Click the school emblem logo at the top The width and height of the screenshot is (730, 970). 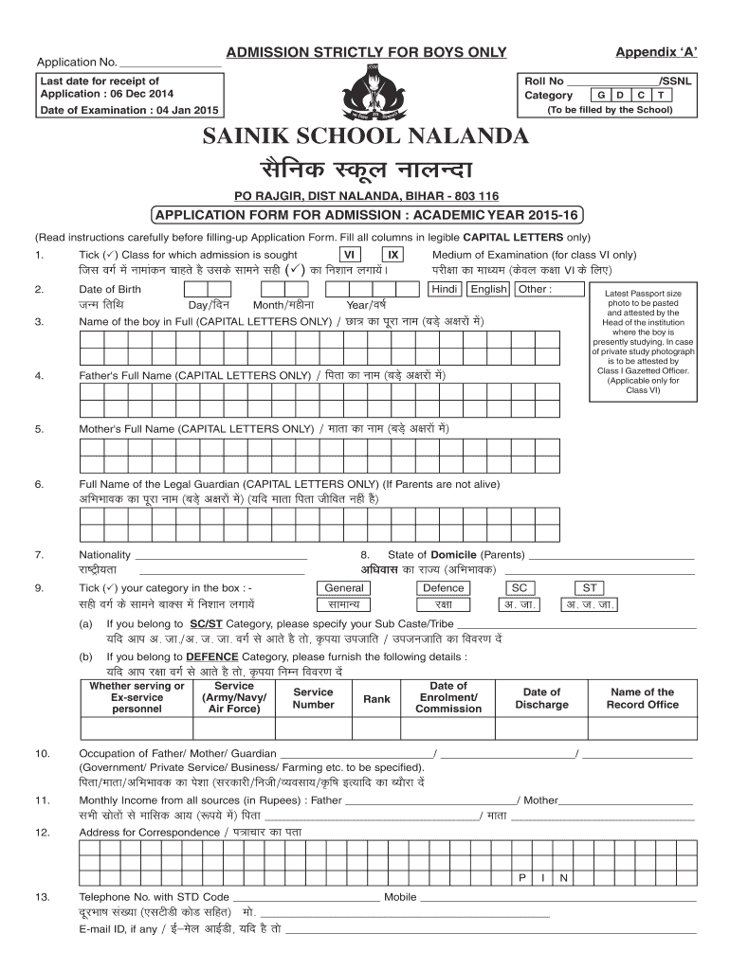pos(365,93)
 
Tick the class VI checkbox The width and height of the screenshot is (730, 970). pos(350,255)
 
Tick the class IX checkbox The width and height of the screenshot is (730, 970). pos(392,255)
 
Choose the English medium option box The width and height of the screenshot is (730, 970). pos(489,289)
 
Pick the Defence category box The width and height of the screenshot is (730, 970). pos(443,587)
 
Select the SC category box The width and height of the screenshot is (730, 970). pos(519,587)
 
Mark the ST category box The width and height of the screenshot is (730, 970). pos(590,587)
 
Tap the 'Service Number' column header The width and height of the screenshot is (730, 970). pos(313,698)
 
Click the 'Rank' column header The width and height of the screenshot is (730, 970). pos(376,699)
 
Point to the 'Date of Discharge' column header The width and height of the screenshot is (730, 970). pos(541,698)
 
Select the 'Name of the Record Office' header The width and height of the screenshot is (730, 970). pos(643,698)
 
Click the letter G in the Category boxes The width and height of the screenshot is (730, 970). pos(600,95)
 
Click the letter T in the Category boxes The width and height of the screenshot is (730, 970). pos(662,95)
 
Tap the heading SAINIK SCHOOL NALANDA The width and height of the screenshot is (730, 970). pos(365,136)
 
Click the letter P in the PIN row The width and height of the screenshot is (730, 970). pos(522,877)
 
